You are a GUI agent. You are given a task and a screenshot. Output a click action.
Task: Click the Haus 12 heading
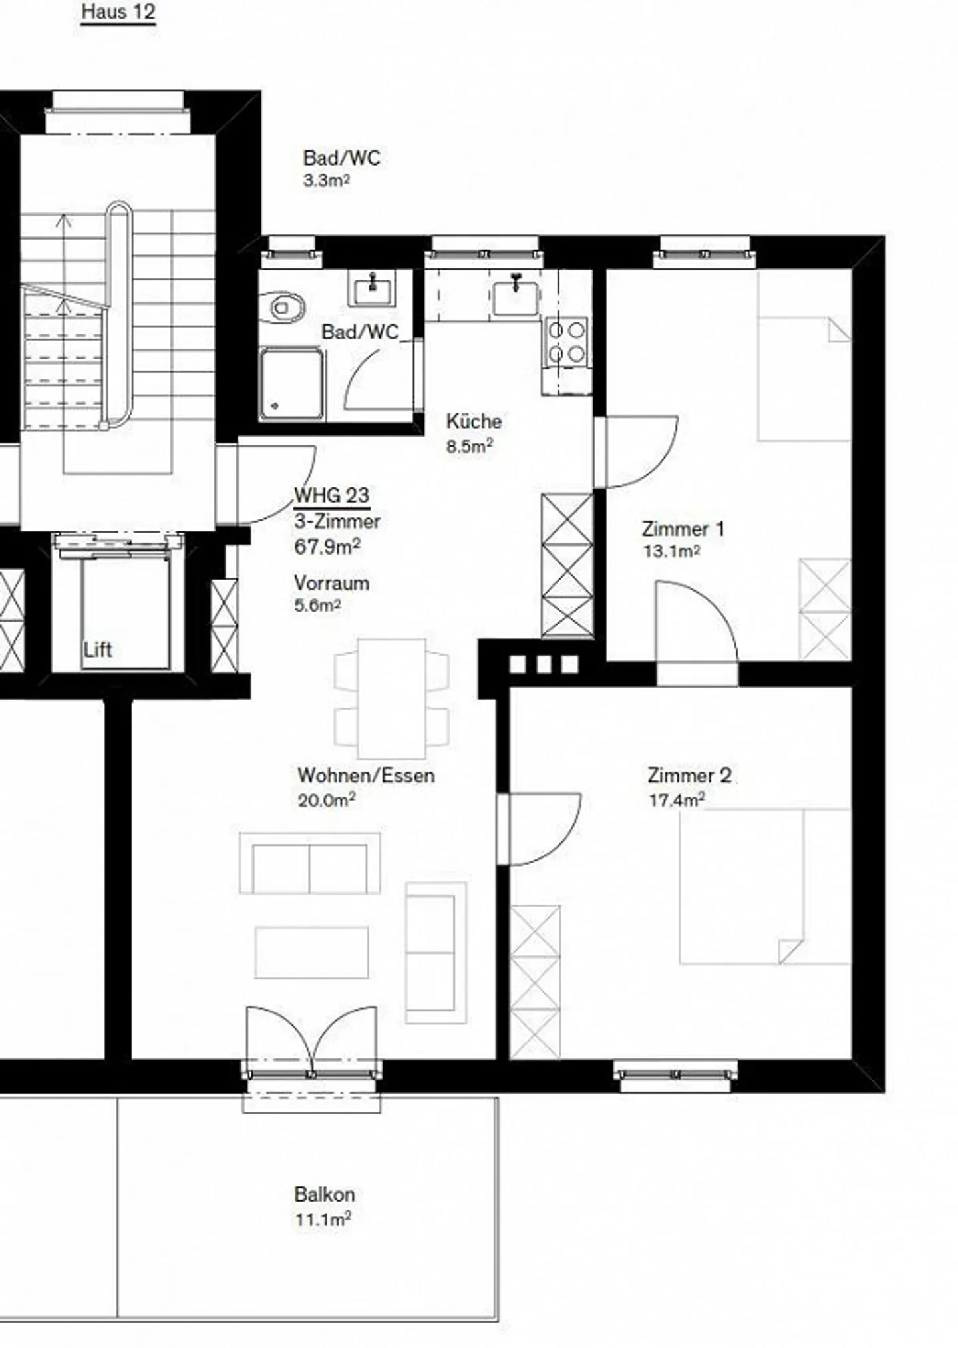(x=118, y=12)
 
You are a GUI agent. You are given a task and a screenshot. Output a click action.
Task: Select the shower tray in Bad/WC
(x=292, y=384)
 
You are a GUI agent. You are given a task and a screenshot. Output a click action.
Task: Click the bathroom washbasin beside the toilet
(x=371, y=288)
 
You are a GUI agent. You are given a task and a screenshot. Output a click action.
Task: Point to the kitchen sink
(x=516, y=296)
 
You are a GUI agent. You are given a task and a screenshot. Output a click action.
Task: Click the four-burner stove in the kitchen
(x=566, y=341)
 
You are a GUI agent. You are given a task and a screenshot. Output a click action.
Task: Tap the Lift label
(x=98, y=650)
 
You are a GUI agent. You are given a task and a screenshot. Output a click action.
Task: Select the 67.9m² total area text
(x=327, y=547)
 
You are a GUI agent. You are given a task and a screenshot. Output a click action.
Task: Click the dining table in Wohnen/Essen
(x=392, y=698)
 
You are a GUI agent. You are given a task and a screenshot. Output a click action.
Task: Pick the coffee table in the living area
(x=311, y=953)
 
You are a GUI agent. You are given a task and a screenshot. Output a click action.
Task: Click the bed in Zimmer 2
(x=764, y=886)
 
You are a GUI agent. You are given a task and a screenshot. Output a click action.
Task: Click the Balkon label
(x=324, y=1194)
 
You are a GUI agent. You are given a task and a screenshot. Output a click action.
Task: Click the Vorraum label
(x=331, y=583)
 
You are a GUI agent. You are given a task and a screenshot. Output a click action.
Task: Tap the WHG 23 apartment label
(x=331, y=495)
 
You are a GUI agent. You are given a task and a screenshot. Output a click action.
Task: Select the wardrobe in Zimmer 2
(x=535, y=981)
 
